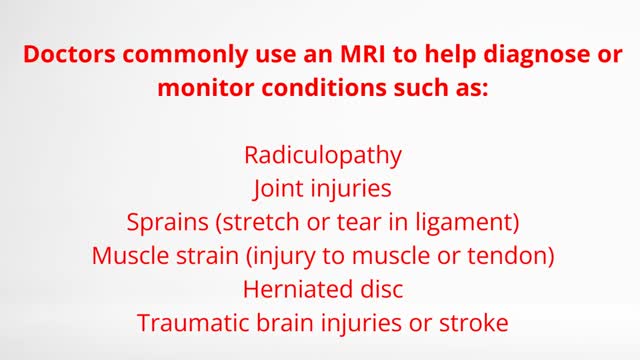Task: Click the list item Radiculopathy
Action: coord(322,156)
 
